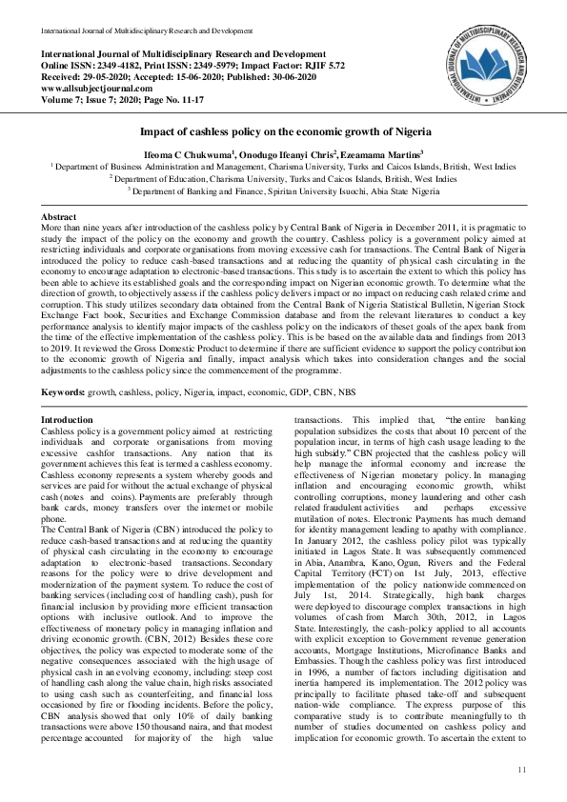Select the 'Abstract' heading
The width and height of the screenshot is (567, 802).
[58, 218]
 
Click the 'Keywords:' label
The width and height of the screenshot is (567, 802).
[66, 391]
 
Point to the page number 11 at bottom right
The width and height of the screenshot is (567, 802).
[522, 769]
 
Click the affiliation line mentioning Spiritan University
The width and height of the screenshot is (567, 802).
[284, 190]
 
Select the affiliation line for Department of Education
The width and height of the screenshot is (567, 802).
[284, 178]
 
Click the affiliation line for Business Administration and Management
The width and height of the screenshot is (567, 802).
[284, 166]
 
